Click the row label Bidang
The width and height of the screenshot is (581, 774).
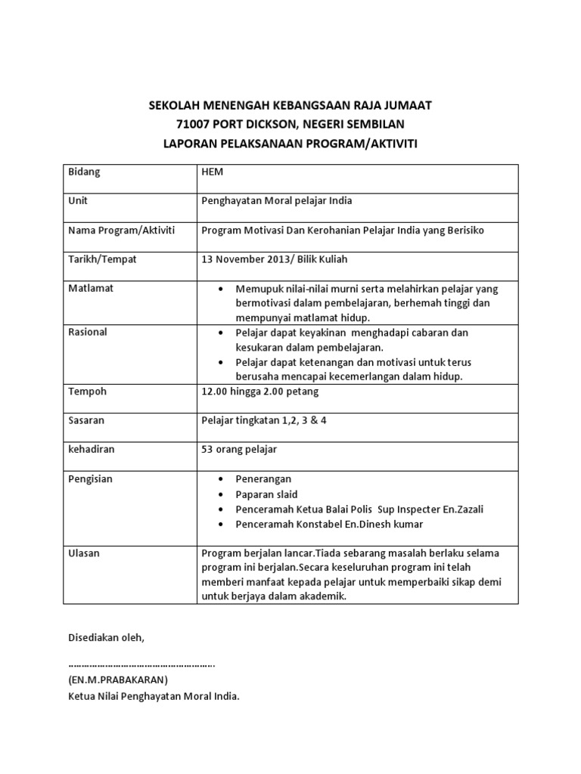pos(84,172)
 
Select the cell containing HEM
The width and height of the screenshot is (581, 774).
pos(213,172)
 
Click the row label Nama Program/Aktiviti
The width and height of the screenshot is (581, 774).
pos(122,230)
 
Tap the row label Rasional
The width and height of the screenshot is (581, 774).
pos(88,333)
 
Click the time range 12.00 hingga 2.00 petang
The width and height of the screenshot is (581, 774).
pos(259,392)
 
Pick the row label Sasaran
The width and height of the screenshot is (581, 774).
pos(87,420)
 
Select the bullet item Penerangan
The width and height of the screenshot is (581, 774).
pos(263,479)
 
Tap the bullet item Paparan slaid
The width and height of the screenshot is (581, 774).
pos(267,494)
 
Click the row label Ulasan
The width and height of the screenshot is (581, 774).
pos(84,553)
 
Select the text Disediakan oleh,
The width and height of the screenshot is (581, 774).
pos(105,638)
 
